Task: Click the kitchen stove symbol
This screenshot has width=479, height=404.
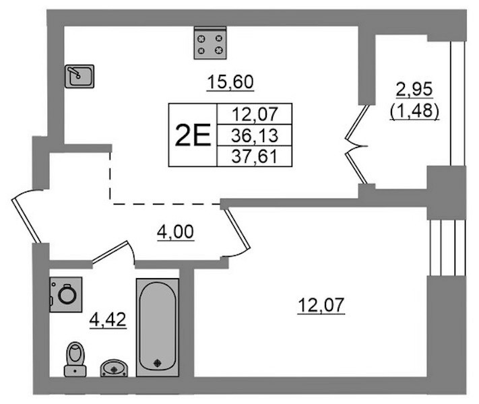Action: [x=210, y=43]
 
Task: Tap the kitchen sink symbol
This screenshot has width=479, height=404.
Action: [x=79, y=76]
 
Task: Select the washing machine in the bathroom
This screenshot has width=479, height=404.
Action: [x=66, y=295]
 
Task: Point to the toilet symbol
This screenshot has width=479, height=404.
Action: [x=75, y=359]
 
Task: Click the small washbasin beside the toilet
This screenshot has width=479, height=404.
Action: [x=114, y=368]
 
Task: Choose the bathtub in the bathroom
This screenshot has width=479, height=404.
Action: [x=158, y=327]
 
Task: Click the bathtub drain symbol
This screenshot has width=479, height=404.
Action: [x=158, y=363]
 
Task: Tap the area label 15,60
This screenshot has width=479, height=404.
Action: [x=230, y=82]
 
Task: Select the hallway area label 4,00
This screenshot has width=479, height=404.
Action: [x=175, y=232]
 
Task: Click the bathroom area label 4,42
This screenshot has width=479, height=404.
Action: [x=108, y=321]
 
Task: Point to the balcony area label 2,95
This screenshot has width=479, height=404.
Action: [x=414, y=90]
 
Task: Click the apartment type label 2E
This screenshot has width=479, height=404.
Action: [x=193, y=135]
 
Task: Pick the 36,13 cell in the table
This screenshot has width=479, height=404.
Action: [x=255, y=135]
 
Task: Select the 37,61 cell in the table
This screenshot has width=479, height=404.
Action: [x=255, y=156]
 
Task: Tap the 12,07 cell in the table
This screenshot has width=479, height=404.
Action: [x=255, y=114]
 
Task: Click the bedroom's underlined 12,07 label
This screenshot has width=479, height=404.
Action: [x=321, y=306]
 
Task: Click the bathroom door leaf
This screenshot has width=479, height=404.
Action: [x=110, y=252]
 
